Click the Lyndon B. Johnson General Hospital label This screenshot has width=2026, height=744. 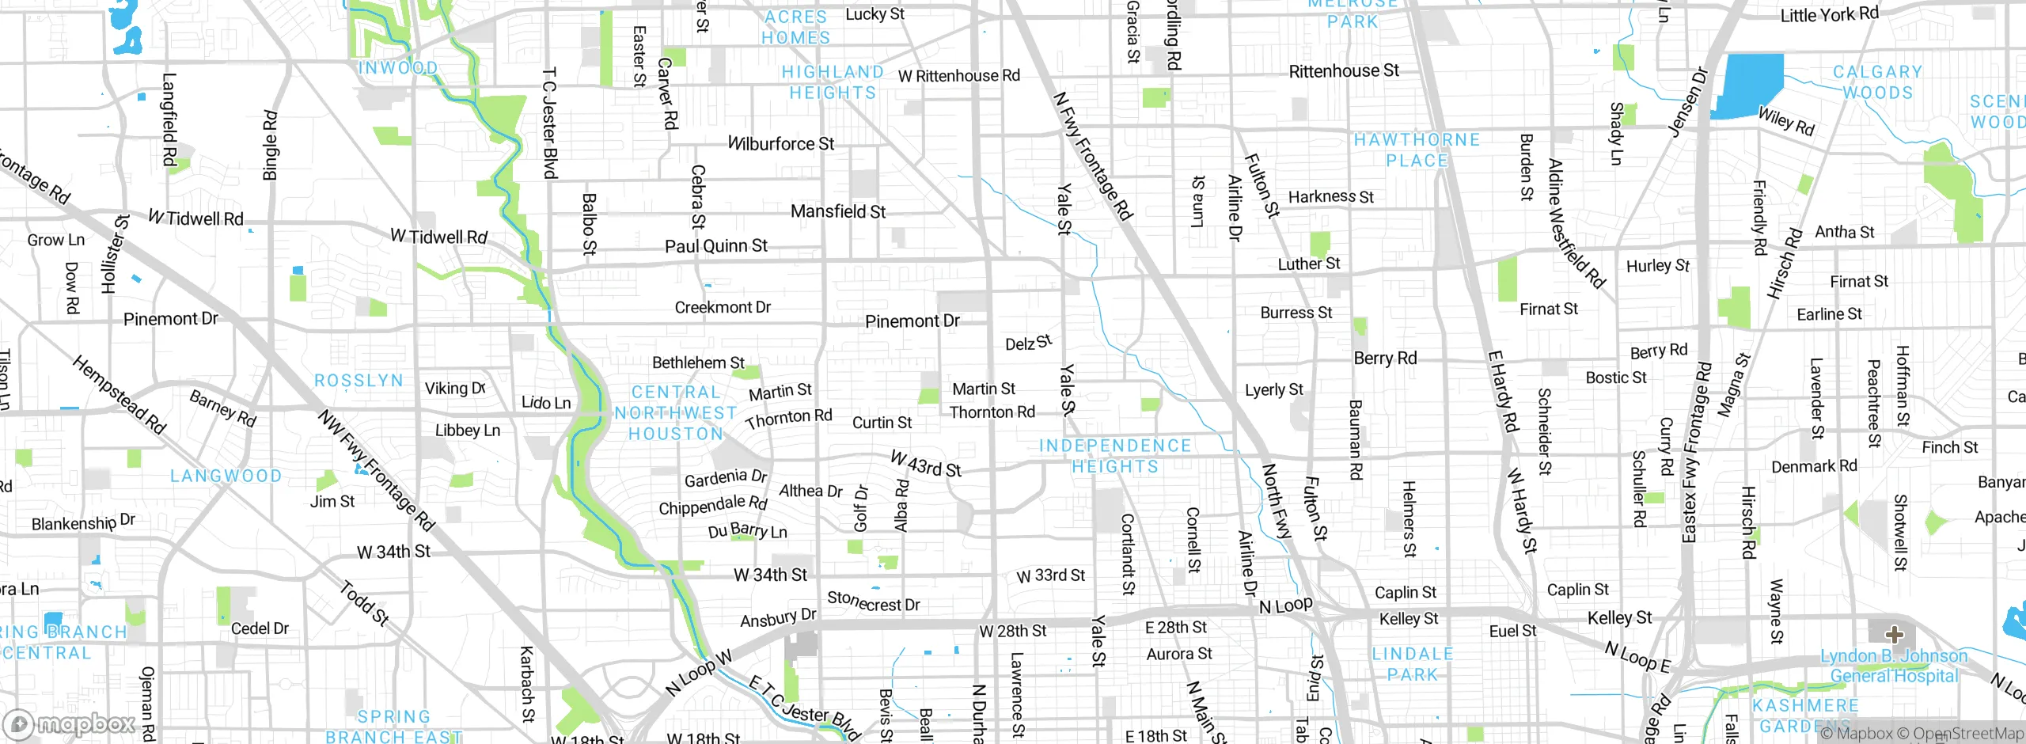point(1894,666)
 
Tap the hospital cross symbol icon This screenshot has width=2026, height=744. point(1894,634)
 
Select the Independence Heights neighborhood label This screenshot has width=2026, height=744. point(1115,456)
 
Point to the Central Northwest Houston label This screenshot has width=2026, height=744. point(676,413)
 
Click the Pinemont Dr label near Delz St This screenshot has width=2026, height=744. point(912,321)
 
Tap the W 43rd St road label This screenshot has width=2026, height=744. point(925,465)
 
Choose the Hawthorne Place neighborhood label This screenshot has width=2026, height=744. point(1417,150)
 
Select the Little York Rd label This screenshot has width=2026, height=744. point(1828,14)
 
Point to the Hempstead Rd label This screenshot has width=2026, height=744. point(119,395)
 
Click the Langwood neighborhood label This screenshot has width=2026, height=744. point(226,476)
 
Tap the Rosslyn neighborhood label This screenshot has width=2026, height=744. point(359,381)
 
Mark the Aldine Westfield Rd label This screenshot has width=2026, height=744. point(1576,223)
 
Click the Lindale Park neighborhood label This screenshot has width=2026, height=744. point(1413,664)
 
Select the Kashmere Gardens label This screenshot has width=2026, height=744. point(1805,716)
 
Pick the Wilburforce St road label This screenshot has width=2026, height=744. point(780,144)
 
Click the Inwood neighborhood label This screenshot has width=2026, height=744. point(398,68)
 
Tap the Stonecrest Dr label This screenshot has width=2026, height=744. point(873,602)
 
